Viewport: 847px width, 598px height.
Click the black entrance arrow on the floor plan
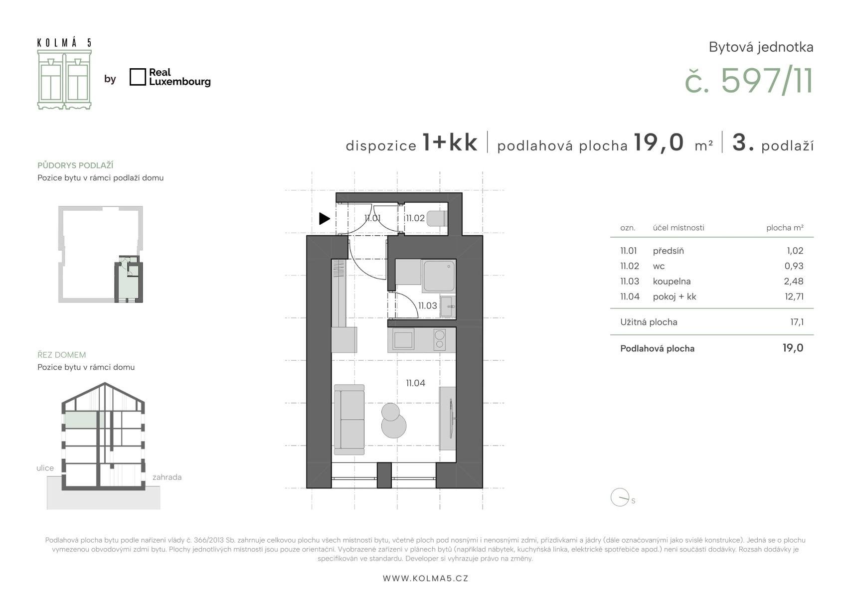point(324,218)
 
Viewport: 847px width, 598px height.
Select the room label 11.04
point(416,383)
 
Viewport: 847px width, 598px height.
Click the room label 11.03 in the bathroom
point(427,305)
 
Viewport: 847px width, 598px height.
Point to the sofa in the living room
point(349,420)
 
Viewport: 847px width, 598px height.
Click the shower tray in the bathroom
point(439,276)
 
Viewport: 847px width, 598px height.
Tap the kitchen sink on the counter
point(403,339)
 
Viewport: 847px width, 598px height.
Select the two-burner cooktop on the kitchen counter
point(439,339)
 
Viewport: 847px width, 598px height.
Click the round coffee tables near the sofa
point(393,420)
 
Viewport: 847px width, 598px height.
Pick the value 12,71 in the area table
point(794,297)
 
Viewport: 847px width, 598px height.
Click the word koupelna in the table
point(672,281)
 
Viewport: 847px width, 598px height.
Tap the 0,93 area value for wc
point(794,266)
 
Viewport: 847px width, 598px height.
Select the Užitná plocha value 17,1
point(797,322)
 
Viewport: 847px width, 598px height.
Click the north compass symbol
point(620,497)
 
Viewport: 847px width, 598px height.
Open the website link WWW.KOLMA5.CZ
point(425,579)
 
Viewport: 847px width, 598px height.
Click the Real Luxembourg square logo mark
point(138,77)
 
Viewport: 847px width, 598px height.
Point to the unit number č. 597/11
point(749,81)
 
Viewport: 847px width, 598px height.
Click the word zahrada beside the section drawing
point(167,477)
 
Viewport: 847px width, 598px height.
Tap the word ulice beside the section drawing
point(45,468)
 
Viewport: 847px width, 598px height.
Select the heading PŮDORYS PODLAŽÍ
point(75,165)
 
